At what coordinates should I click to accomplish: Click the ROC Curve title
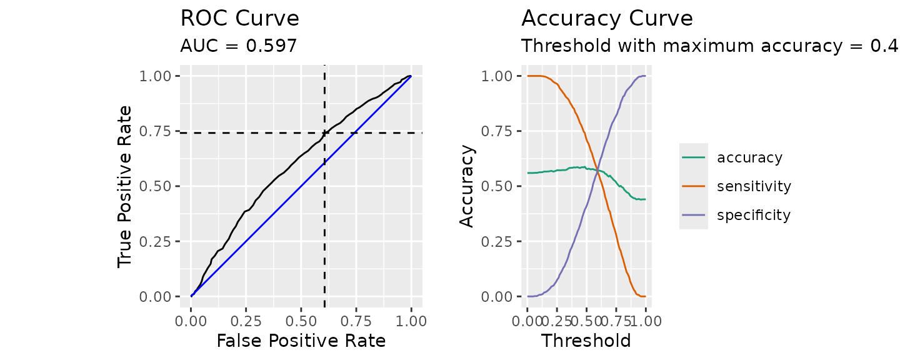tap(239, 18)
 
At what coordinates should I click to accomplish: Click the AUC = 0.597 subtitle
tap(238, 46)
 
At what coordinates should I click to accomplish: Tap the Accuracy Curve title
tap(607, 18)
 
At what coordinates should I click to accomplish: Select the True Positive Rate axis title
tap(126, 186)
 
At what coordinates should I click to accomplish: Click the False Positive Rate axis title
tap(301, 341)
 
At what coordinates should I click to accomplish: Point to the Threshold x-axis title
tap(586, 341)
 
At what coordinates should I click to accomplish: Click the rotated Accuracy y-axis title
tap(467, 186)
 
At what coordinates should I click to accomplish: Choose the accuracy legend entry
tap(749, 157)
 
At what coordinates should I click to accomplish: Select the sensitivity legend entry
tap(754, 186)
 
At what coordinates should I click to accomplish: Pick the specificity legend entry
tap(754, 215)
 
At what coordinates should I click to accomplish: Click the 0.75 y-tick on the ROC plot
tap(160, 131)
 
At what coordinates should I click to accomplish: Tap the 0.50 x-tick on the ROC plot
tap(301, 321)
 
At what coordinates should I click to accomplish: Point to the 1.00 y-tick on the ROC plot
tap(160, 76)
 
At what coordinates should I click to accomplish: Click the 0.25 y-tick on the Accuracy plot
tap(501, 241)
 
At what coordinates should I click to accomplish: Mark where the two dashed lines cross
tap(324, 132)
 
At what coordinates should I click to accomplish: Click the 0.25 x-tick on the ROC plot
tap(246, 321)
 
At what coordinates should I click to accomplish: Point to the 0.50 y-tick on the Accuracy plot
tap(501, 186)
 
